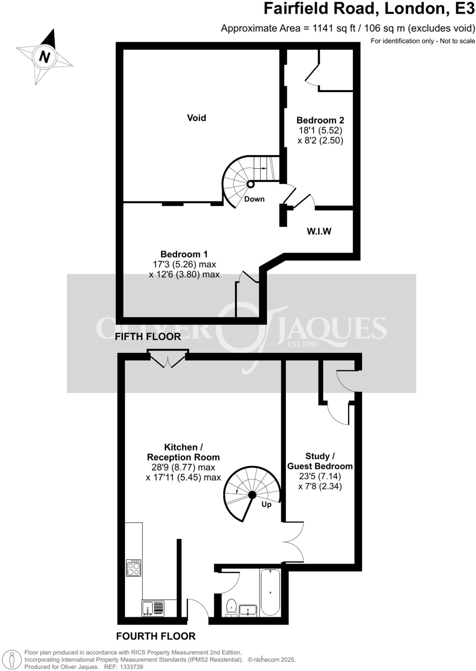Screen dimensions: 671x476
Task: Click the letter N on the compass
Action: pyautogui.click(x=44, y=57)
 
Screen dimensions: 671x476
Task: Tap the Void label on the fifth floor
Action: pyautogui.click(x=196, y=118)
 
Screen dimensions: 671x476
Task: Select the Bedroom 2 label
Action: pyautogui.click(x=320, y=120)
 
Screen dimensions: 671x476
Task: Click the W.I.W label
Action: pyautogui.click(x=319, y=231)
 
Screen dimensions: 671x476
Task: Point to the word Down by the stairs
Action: pyautogui.click(x=254, y=199)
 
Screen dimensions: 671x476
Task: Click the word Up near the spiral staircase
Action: pyautogui.click(x=266, y=504)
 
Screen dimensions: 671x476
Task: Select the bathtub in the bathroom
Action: pyautogui.click(x=270, y=592)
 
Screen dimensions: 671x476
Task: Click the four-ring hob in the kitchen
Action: pyautogui.click(x=134, y=567)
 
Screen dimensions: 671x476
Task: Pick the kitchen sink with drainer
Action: pyautogui.click(x=153, y=608)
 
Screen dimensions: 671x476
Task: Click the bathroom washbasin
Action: pyautogui.click(x=248, y=610)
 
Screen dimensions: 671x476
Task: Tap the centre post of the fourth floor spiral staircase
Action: pyautogui.click(x=252, y=495)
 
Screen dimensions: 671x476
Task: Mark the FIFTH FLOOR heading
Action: pyautogui.click(x=148, y=336)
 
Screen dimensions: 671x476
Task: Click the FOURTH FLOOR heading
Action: pyautogui.click(x=156, y=636)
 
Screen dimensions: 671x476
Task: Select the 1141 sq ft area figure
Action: pyautogui.click(x=333, y=28)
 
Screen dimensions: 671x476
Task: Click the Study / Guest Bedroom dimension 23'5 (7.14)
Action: pyautogui.click(x=320, y=476)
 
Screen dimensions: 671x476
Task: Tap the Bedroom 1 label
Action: pyautogui.click(x=184, y=254)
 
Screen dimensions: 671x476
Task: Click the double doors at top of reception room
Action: pyautogui.click(x=168, y=359)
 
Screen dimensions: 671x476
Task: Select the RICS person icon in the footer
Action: pyautogui.click(x=12, y=660)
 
